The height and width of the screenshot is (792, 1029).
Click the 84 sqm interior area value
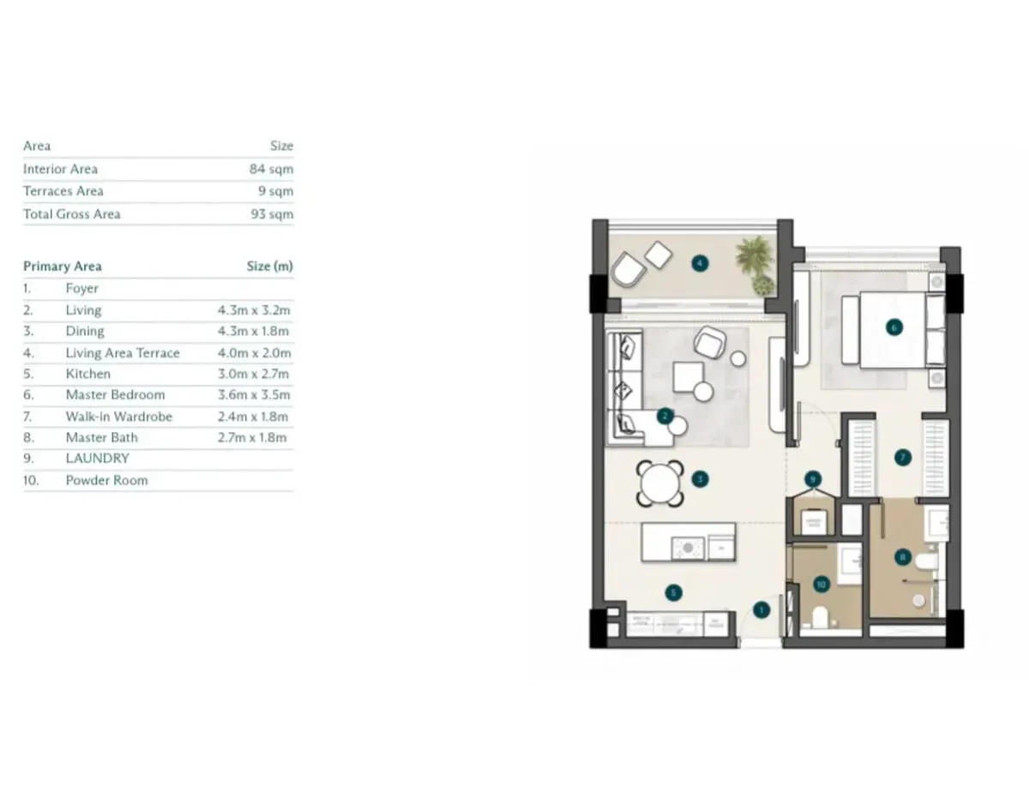(x=271, y=169)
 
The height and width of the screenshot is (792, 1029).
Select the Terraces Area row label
(x=63, y=191)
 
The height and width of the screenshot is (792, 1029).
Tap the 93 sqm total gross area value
(x=272, y=214)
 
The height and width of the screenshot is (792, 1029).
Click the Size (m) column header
(x=269, y=267)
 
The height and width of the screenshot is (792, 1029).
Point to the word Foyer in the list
(x=82, y=289)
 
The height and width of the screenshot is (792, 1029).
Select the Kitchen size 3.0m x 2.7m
(x=253, y=375)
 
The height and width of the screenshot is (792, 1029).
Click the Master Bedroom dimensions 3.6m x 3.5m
(x=254, y=395)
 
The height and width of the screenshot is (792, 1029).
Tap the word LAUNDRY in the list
(x=97, y=459)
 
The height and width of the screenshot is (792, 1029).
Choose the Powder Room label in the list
(x=106, y=481)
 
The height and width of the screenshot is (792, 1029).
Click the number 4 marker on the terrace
(x=700, y=263)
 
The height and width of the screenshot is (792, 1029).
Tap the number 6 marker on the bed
(x=894, y=327)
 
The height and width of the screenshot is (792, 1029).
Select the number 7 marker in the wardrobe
(x=903, y=458)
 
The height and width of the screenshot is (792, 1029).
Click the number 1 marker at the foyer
(x=761, y=610)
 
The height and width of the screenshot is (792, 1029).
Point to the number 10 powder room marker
(x=821, y=585)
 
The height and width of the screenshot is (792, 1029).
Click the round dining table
(x=659, y=483)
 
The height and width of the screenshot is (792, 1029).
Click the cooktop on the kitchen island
(x=688, y=549)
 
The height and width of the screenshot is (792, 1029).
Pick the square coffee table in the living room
(x=689, y=377)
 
